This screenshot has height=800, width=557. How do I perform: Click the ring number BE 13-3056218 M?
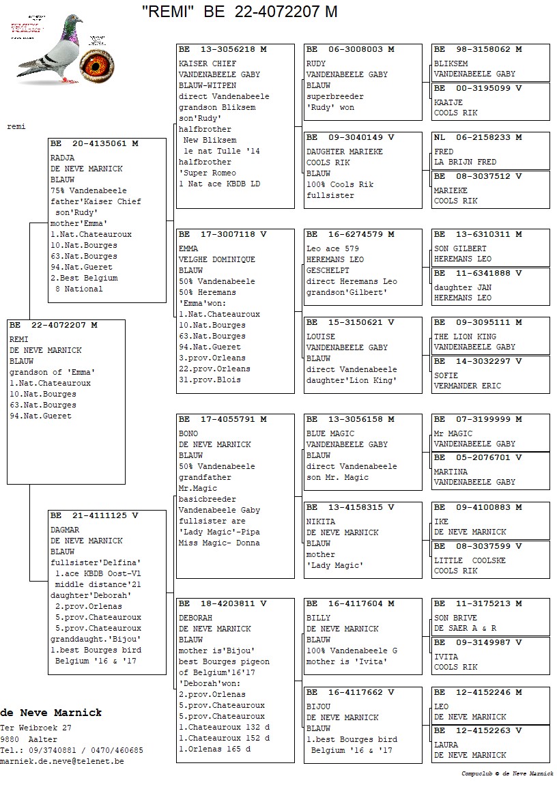pyautogui.click(x=223, y=50)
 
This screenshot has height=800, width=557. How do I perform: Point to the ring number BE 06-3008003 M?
pyautogui.click(x=350, y=50)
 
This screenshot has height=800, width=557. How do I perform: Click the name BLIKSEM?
pyautogui.click(x=451, y=63)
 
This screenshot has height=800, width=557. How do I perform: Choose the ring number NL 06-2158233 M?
pyautogui.click(x=478, y=138)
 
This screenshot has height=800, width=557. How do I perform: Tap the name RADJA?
pyautogui.click(x=63, y=158)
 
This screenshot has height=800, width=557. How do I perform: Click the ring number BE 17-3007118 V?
pyautogui.click(x=223, y=235)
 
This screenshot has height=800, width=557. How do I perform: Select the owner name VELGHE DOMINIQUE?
pyautogui.click(x=217, y=259)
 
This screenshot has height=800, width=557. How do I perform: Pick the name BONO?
pyautogui.click(x=188, y=433)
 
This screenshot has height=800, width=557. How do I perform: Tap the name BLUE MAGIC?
pyautogui.click(x=330, y=433)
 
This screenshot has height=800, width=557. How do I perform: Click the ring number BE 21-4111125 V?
pyautogui.click(x=94, y=516)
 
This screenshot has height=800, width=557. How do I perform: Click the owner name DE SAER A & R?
pyautogui.click(x=466, y=628)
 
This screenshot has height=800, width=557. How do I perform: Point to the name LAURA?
pyautogui.click(x=446, y=745)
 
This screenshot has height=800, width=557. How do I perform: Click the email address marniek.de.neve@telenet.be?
pyautogui.click(x=62, y=761)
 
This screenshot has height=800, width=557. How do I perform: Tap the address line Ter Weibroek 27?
pyautogui.click(x=35, y=728)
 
